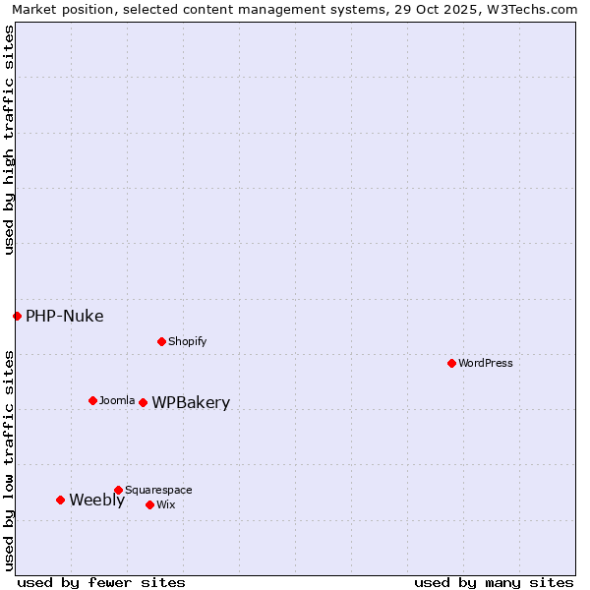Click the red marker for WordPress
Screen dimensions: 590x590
(x=451, y=363)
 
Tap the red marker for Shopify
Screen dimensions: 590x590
(x=161, y=341)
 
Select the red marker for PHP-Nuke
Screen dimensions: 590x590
(x=17, y=316)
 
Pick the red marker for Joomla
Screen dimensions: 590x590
(x=92, y=400)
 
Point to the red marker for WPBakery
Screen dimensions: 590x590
(x=143, y=402)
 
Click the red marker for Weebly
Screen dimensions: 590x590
(x=60, y=500)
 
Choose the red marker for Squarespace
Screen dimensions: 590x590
(x=118, y=490)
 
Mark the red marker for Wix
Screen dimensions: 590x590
(x=149, y=504)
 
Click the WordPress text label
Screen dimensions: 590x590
(x=486, y=363)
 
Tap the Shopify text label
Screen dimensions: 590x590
(x=187, y=341)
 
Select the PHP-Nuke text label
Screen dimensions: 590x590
(x=64, y=316)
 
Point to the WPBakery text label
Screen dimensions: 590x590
(x=191, y=402)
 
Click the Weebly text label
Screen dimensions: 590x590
(x=96, y=500)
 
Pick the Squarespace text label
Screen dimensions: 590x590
(x=158, y=490)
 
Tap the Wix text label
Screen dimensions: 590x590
(x=165, y=504)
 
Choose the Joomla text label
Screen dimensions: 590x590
(x=117, y=400)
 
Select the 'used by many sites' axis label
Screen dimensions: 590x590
(x=494, y=582)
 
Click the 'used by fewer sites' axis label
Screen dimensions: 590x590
(x=101, y=582)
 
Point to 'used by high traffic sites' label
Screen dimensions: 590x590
(x=9, y=140)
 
